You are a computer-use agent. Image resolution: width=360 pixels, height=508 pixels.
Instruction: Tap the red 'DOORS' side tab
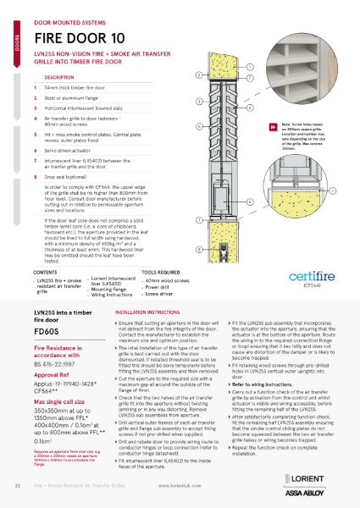(x=8, y=47)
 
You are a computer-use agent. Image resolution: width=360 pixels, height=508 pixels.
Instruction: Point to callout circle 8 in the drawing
(x=199, y=250)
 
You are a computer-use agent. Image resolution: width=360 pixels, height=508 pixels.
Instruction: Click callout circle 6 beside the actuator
(x=198, y=126)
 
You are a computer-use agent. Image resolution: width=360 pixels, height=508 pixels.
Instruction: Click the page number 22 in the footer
(x=19, y=489)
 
